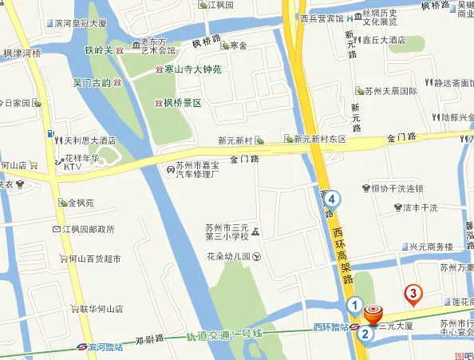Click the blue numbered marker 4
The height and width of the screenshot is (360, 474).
(x=331, y=199)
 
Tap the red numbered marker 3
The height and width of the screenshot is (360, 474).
(x=413, y=295)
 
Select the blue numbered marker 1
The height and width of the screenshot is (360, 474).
(x=354, y=304)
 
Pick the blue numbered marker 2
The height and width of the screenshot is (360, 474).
(x=364, y=334)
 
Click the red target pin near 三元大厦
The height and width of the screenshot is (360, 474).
(x=373, y=314)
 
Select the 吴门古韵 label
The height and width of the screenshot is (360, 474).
(x=90, y=82)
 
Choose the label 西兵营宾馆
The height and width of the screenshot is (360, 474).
(x=322, y=18)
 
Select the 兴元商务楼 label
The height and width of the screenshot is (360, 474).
(x=431, y=246)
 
